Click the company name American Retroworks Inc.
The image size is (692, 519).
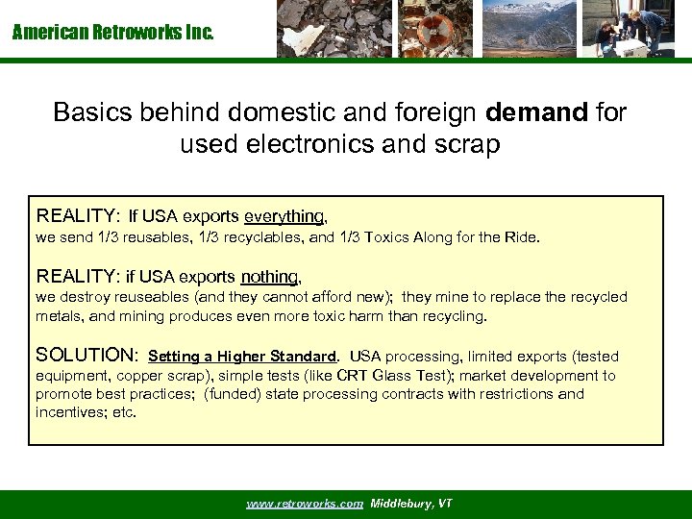(113, 33)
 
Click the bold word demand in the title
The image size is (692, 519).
(537, 112)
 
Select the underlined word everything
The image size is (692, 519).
(284, 216)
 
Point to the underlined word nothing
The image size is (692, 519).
(271, 277)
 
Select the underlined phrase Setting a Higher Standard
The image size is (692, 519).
(243, 357)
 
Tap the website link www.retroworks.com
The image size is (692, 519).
(305, 504)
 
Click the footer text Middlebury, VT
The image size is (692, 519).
(411, 504)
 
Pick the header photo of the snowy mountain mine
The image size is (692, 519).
(529, 29)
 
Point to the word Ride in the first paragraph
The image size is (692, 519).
(525, 236)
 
